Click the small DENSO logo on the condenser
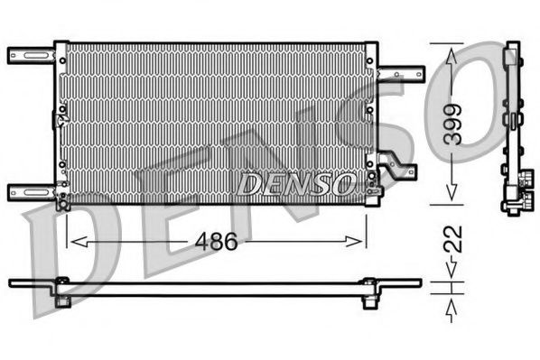coord(294,184)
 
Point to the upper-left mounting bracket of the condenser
coord(32,56)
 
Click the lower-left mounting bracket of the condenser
coord(32,191)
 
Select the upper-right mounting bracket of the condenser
coord(402,75)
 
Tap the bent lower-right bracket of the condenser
coord(398,170)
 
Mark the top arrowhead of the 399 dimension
coord(452,51)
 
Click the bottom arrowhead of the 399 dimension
coord(452,198)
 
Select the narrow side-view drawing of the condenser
coord(513,126)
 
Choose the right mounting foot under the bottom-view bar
coord(369,299)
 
